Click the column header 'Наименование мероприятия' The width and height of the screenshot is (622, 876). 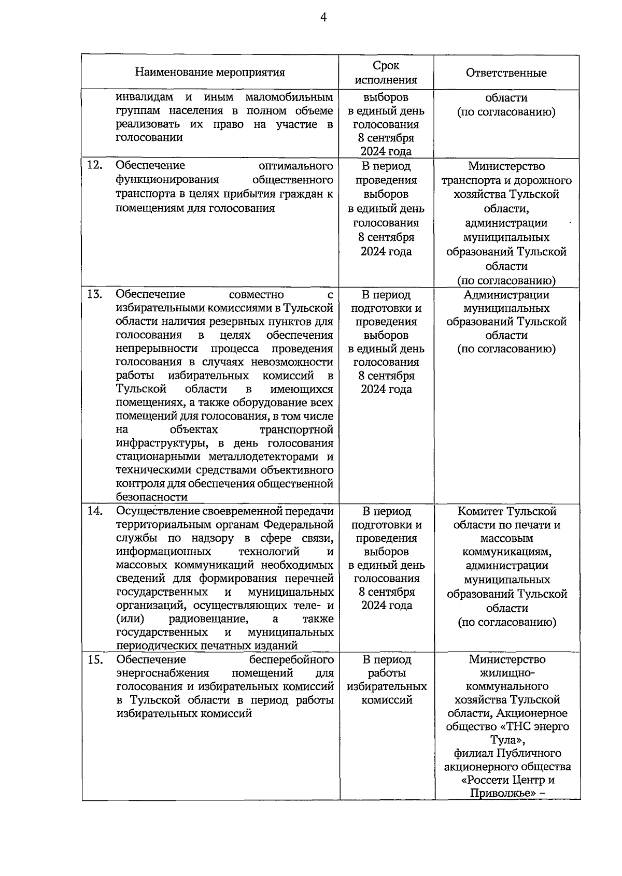(x=210, y=73)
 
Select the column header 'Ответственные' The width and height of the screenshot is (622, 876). (x=506, y=73)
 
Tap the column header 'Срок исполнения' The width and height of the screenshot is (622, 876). (x=386, y=73)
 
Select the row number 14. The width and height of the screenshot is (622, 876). (x=94, y=511)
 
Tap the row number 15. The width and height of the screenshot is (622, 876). (x=94, y=659)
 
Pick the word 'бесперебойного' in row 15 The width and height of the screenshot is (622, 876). (x=291, y=659)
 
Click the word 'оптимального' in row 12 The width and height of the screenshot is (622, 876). (x=295, y=166)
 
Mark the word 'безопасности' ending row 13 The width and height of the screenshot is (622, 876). (x=151, y=497)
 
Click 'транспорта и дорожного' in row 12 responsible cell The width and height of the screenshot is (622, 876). (x=506, y=180)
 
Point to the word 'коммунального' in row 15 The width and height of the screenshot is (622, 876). (x=507, y=686)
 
